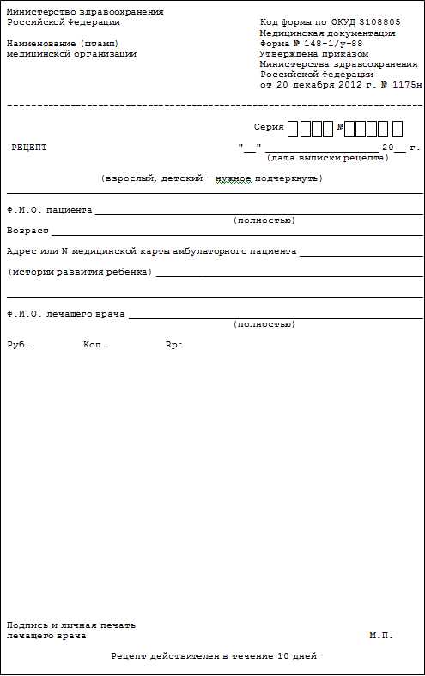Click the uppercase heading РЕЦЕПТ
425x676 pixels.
pyautogui.click(x=29, y=148)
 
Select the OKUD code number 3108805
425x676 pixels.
pyautogui.click(x=380, y=21)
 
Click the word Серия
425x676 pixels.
pyautogui.click(x=269, y=127)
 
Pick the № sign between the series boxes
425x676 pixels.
pyautogui.click(x=341, y=128)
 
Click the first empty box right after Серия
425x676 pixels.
pyautogui.click(x=293, y=129)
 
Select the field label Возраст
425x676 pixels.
pyautogui.click(x=27, y=231)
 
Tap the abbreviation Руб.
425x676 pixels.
pyautogui.click(x=18, y=345)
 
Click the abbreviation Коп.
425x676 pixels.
pyautogui.click(x=94, y=345)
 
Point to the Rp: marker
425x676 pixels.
pyautogui.click(x=173, y=345)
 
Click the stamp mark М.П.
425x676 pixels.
pyautogui.click(x=381, y=636)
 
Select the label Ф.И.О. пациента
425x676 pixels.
pyautogui.click(x=49, y=209)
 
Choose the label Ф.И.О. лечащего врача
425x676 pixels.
pyautogui.click(x=65, y=314)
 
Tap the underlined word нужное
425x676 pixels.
pyautogui.click(x=233, y=178)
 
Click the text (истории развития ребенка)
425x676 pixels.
pyautogui.click(x=80, y=272)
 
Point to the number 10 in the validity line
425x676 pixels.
pyautogui.click(x=282, y=656)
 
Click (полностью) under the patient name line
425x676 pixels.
pyautogui.click(x=264, y=220)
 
